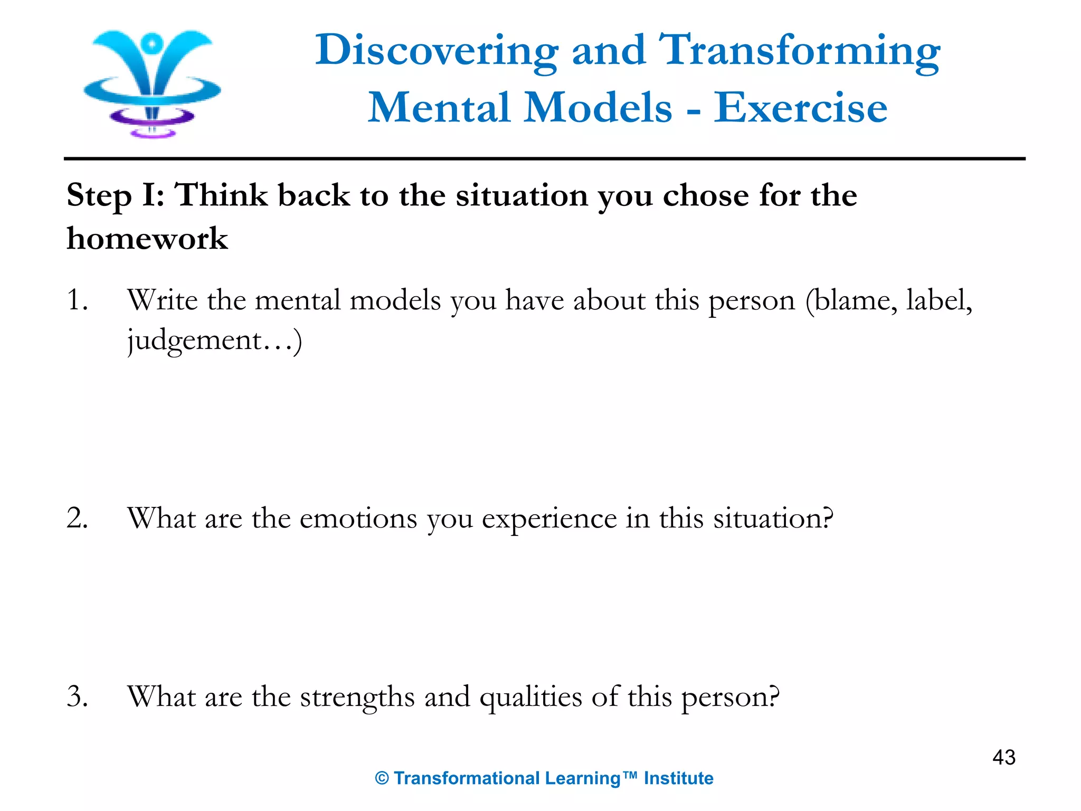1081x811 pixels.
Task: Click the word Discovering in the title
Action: coord(436,51)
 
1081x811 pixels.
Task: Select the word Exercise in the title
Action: coord(800,108)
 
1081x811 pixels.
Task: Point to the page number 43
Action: coord(1003,758)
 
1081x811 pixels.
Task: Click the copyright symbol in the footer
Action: coord(382,779)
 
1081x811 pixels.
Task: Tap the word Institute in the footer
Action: coord(678,778)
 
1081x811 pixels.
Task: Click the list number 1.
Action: coord(77,300)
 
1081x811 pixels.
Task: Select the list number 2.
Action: coord(77,518)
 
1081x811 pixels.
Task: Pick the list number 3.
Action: coord(77,696)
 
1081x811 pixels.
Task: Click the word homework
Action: coord(147,238)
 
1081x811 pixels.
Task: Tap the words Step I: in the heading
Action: coord(115,196)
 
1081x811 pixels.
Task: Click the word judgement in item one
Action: coord(195,341)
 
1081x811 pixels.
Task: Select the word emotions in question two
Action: coord(358,518)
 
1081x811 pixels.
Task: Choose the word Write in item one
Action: coord(162,300)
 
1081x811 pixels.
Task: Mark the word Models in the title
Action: coord(598,108)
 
